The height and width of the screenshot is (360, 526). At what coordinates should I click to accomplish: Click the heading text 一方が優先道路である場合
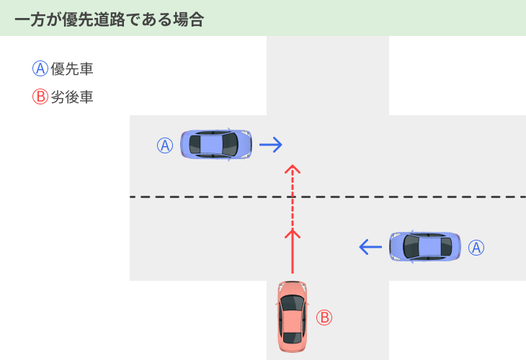[x=110, y=19]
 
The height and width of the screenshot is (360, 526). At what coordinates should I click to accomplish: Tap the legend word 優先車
[x=72, y=69]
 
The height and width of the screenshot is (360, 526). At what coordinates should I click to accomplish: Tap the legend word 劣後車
[x=72, y=97]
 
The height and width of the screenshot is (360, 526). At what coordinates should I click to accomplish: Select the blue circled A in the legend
[x=40, y=68]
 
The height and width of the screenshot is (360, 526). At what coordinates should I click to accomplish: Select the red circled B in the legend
[x=40, y=96]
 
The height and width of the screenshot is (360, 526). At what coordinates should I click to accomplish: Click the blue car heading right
[x=216, y=145]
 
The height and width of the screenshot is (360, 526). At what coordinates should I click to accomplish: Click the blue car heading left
[x=425, y=246]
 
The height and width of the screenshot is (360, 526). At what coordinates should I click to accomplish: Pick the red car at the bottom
[x=293, y=317]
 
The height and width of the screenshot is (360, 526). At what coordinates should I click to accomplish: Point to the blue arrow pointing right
[x=271, y=145]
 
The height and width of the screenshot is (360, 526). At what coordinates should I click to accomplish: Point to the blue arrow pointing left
[x=370, y=247]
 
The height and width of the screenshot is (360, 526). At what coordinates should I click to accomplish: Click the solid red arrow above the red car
[x=293, y=251]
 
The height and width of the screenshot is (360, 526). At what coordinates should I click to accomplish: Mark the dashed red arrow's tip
[x=293, y=165]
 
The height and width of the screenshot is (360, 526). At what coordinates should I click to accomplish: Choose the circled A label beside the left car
[x=165, y=145]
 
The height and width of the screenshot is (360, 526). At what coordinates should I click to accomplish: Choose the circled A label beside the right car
[x=476, y=248]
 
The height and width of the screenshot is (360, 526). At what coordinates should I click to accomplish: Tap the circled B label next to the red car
[x=324, y=318]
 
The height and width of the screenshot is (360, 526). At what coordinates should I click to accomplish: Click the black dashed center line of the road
[x=328, y=197]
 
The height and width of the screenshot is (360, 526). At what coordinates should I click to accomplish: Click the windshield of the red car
[x=293, y=303]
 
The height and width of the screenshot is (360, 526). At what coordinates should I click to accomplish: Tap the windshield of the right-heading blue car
[x=231, y=145]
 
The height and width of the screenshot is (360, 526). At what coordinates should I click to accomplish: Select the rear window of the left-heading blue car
[x=447, y=246]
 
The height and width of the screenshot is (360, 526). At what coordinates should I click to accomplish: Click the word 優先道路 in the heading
[x=94, y=19]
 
